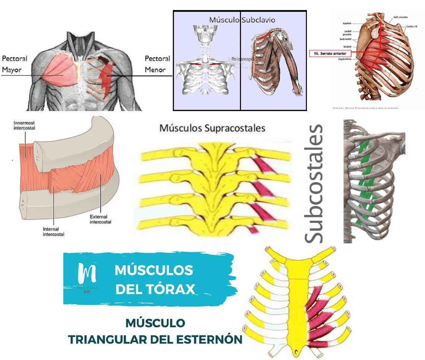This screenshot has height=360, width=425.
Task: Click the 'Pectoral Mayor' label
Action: tap(15, 64)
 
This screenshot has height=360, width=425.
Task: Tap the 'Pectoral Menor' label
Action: tap(157, 64)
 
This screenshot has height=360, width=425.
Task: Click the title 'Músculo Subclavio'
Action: tap(242, 19)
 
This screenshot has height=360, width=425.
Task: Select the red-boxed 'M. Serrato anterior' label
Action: tap(330, 53)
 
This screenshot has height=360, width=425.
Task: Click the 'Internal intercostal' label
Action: tap(54, 231)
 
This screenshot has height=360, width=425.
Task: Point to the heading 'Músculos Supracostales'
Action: tap(212, 128)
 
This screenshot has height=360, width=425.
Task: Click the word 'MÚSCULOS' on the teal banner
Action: tap(154, 270)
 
